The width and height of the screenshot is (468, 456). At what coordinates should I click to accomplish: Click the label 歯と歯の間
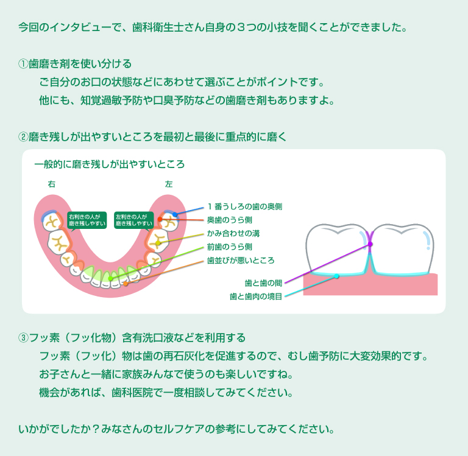click(263, 283)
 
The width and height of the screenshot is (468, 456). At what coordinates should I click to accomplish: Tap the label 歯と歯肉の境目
click(256, 296)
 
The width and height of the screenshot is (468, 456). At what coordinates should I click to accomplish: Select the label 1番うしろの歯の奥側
click(245, 206)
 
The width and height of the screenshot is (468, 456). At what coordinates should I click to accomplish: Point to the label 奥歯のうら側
click(230, 220)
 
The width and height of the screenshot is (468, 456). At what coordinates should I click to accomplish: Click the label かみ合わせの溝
click(233, 234)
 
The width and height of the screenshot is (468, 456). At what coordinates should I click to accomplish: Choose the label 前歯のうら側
click(230, 247)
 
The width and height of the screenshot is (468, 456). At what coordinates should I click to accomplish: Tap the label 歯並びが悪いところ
click(241, 261)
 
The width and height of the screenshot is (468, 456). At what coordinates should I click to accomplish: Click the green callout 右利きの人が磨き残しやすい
click(87, 220)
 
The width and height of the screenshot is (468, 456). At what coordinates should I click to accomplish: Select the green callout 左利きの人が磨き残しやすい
click(133, 220)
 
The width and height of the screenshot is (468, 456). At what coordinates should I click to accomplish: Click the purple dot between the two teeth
click(370, 244)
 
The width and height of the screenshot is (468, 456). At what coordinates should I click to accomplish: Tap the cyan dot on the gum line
click(336, 276)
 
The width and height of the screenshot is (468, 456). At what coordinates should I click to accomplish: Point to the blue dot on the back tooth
click(175, 214)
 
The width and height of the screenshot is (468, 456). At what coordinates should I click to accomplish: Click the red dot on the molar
click(160, 219)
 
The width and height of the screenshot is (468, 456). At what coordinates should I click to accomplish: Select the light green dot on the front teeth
click(110, 279)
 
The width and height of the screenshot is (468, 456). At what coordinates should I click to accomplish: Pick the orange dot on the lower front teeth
click(126, 284)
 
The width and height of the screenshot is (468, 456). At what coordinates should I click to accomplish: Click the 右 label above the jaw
click(52, 184)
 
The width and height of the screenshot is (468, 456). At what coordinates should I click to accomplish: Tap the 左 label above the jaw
click(169, 184)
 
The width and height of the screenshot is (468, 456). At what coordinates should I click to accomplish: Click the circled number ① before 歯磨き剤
click(23, 64)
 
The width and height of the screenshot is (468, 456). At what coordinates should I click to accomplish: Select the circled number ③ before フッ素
click(23, 338)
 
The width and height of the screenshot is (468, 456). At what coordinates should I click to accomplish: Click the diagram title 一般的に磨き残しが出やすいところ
click(110, 164)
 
